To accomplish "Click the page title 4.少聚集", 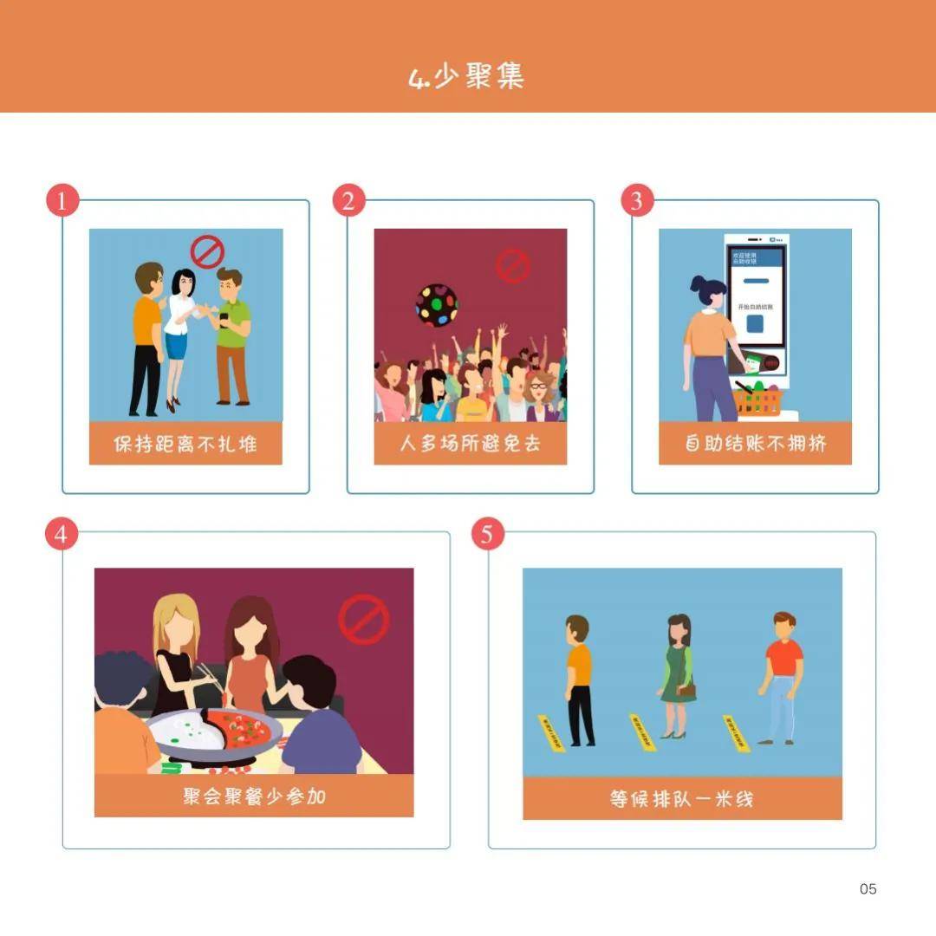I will (x=466, y=76).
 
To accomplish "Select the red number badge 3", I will (x=637, y=201).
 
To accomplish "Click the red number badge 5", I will (x=487, y=535).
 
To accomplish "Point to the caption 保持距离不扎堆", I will (x=185, y=444).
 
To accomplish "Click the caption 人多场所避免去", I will (x=470, y=444).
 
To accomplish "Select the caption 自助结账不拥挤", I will (x=755, y=444).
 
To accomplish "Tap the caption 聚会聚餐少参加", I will (x=254, y=796).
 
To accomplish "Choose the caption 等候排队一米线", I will (x=681, y=798).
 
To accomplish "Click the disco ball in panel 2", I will (x=437, y=304).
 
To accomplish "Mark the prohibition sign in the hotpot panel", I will (x=363, y=619).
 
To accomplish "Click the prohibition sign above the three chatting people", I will (x=207, y=252).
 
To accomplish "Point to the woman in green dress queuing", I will (x=678, y=676).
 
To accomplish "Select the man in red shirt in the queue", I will (x=783, y=676).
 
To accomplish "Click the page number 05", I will (x=868, y=888).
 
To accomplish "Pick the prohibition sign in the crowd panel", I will (x=512, y=266).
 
